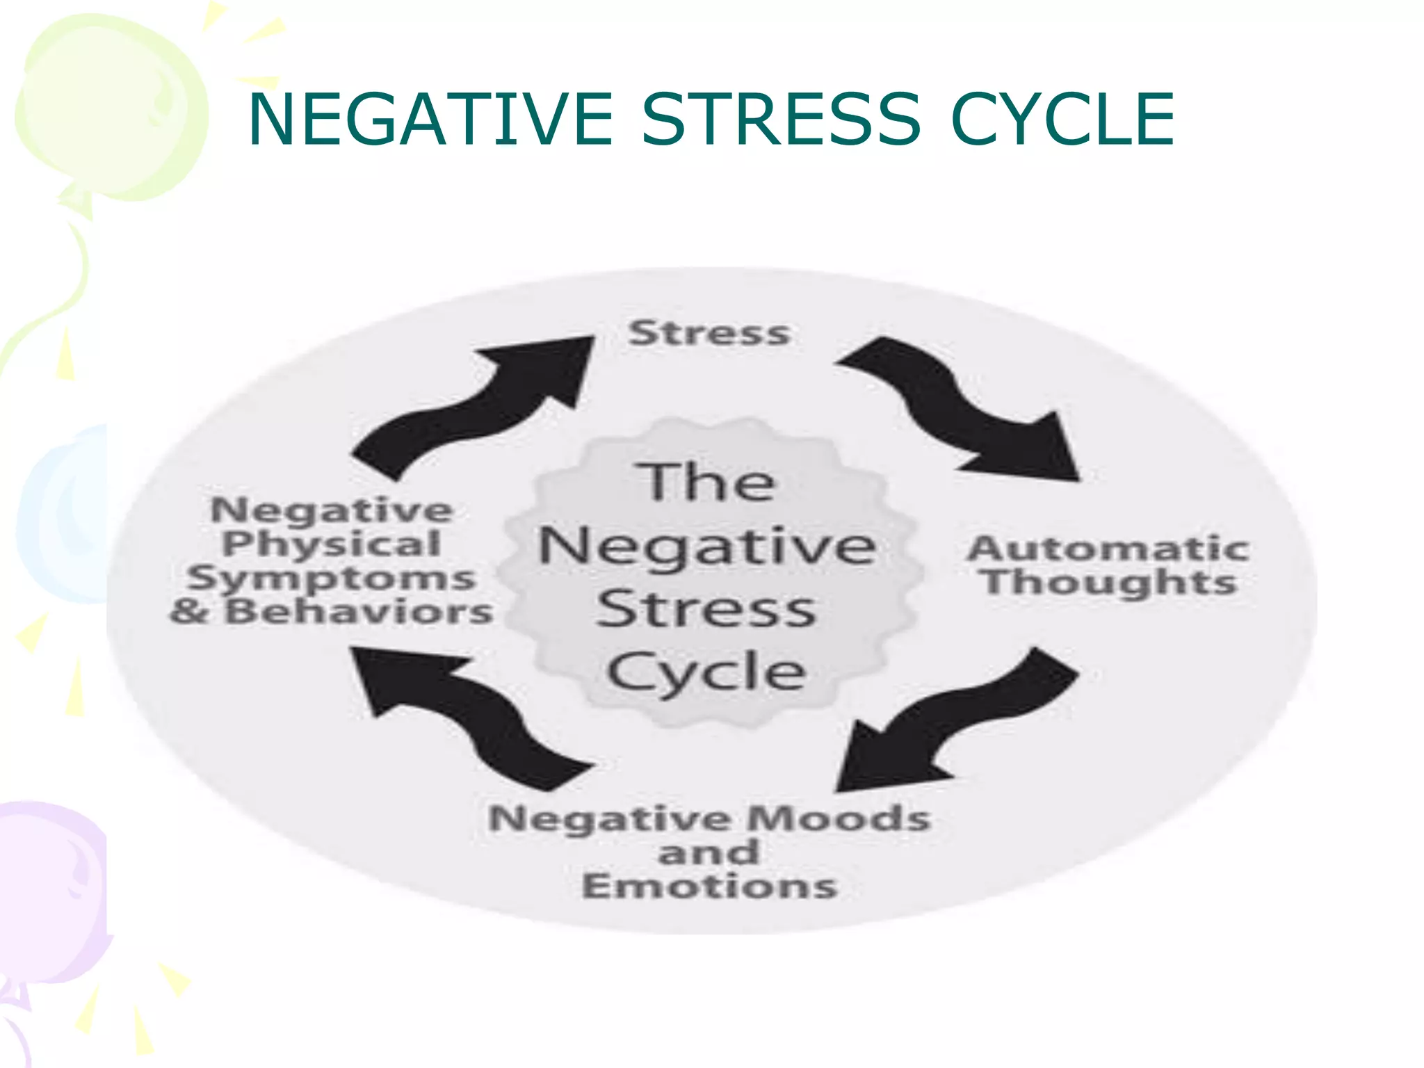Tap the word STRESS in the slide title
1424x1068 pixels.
click(781, 120)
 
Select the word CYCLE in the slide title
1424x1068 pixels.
click(1062, 120)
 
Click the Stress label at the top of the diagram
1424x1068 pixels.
click(709, 333)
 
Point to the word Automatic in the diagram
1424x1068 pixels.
click(1108, 549)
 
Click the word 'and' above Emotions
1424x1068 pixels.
click(709, 852)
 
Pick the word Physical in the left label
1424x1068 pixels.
click(332, 544)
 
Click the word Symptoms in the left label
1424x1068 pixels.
click(332, 578)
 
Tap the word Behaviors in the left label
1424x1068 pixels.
click(359, 612)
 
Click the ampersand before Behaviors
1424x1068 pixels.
click(189, 612)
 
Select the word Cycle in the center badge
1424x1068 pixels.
click(707, 672)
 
